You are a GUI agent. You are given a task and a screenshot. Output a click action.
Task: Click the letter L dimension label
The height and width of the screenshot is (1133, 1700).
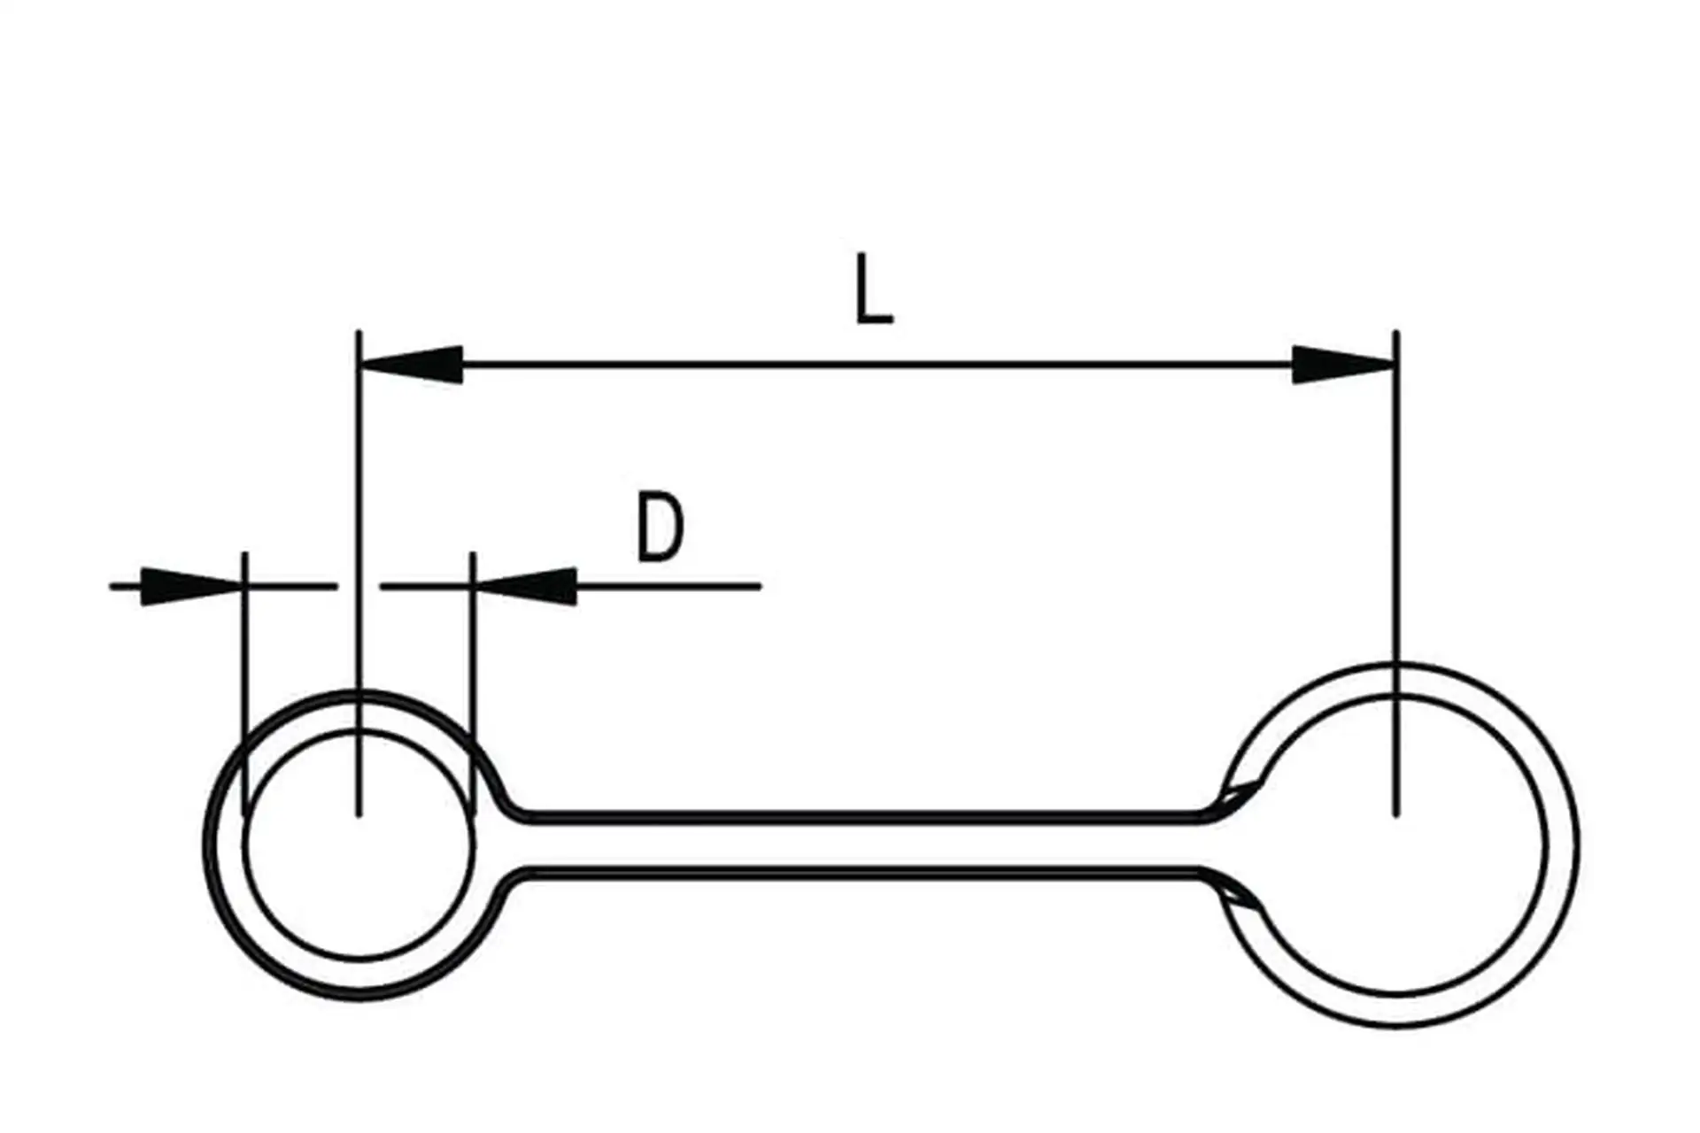pyautogui.click(x=874, y=289)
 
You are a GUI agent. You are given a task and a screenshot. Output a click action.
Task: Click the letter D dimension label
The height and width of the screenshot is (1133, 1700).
pyautogui.click(x=661, y=528)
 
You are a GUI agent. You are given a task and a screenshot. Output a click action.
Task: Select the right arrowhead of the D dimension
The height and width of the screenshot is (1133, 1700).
pyautogui.click(x=527, y=586)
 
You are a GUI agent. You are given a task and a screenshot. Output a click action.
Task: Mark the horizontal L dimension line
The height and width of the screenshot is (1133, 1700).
pyautogui.click(x=877, y=364)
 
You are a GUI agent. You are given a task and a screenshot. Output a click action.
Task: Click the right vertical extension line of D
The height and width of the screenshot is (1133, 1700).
pyautogui.click(x=473, y=673)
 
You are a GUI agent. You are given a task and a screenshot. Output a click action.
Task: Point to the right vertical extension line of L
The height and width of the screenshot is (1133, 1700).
pyautogui.click(x=1396, y=531)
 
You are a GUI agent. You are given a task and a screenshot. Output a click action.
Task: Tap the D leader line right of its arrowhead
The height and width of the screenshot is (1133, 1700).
pyautogui.click(x=673, y=586)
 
